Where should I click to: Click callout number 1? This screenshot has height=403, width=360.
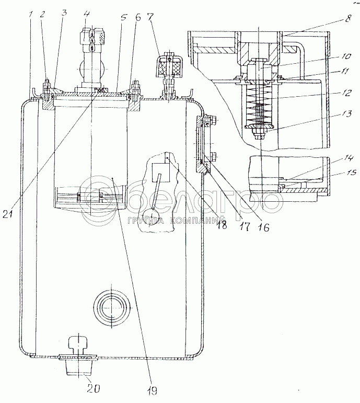click(31, 15)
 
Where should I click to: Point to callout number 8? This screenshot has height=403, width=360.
click(348, 19)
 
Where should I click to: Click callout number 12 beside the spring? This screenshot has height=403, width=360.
click(347, 93)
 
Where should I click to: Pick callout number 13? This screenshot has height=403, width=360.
click(347, 113)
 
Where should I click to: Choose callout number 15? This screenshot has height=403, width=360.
click(351, 171)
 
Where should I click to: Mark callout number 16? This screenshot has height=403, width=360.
click(263, 227)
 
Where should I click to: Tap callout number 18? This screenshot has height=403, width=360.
click(222, 225)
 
